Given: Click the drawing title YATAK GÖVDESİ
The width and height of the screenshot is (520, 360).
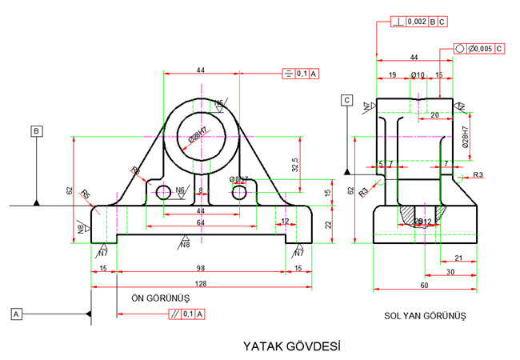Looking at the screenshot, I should click(x=292, y=346).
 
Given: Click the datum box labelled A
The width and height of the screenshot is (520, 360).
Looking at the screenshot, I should click(x=15, y=314).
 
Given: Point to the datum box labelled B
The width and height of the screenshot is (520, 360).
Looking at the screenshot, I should click(x=36, y=130).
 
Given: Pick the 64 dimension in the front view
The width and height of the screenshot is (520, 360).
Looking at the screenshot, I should click(x=200, y=222).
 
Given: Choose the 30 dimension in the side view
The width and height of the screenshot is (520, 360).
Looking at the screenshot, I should click(x=450, y=271).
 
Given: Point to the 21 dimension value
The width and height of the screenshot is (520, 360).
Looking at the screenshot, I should click(x=458, y=257).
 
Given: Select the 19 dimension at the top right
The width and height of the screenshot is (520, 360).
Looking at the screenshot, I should click(x=391, y=74).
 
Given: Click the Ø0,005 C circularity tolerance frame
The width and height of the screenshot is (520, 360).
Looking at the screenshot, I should click(x=480, y=49).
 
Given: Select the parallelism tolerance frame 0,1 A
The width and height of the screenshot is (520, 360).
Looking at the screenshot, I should click(x=186, y=314).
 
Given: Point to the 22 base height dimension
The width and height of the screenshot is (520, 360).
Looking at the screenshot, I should click(x=327, y=225).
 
